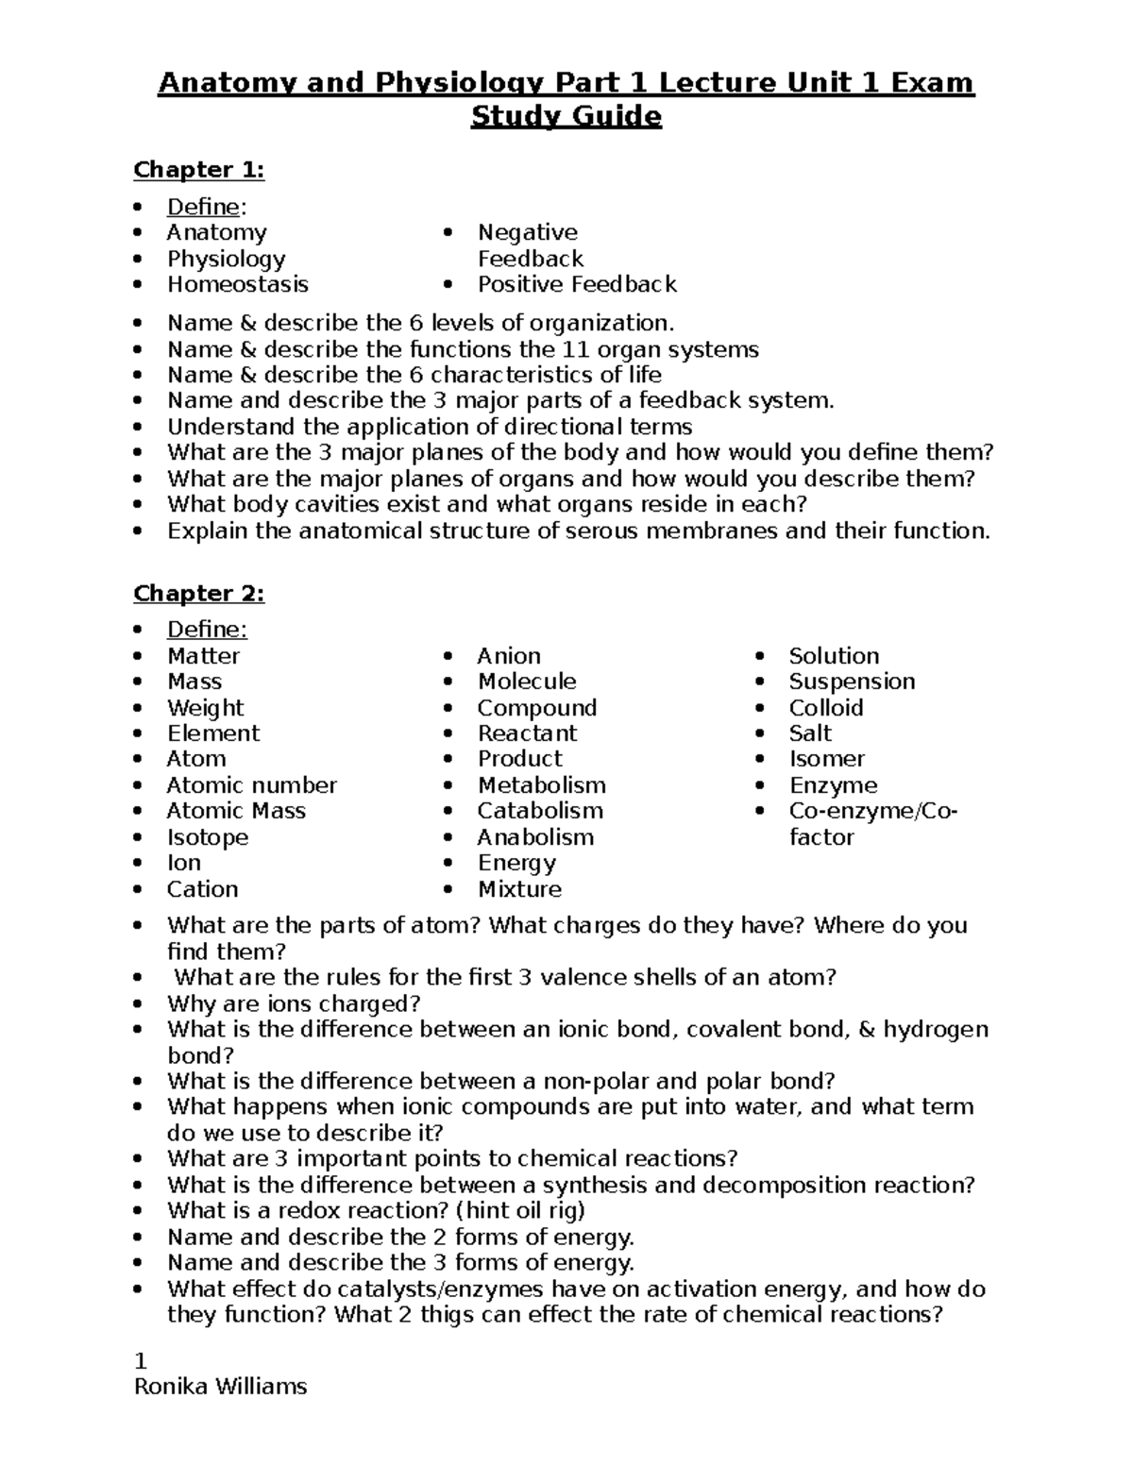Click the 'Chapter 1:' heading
198,170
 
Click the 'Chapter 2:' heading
198,594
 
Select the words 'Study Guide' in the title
566,117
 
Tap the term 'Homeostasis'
237,285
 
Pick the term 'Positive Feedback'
577,285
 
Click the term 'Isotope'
208,837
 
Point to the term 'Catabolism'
540,811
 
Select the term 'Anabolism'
535,837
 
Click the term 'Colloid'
826,708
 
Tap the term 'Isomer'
827,759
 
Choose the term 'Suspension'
852,682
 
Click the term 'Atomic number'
251,785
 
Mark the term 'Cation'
202,889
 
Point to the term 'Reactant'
527,733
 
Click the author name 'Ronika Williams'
221,1387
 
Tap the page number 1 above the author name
141,1361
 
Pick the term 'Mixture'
519,889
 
